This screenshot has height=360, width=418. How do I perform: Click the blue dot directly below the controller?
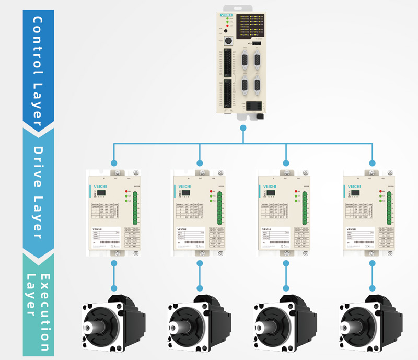[242, 127]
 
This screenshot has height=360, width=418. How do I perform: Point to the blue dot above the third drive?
[286, 163]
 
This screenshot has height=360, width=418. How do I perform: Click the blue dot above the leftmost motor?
[113, 288]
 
